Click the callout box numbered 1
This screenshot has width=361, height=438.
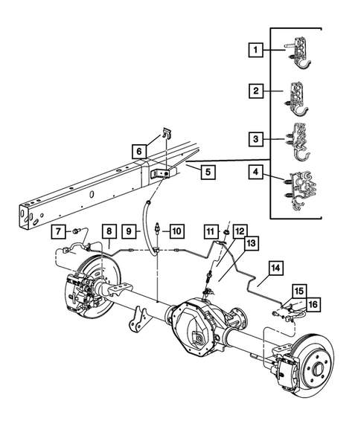coord(256,51)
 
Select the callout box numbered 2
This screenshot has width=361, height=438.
coord(256,92)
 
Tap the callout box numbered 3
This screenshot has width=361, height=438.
coord(256,138)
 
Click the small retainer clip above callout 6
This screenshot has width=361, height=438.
coord(166,135)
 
